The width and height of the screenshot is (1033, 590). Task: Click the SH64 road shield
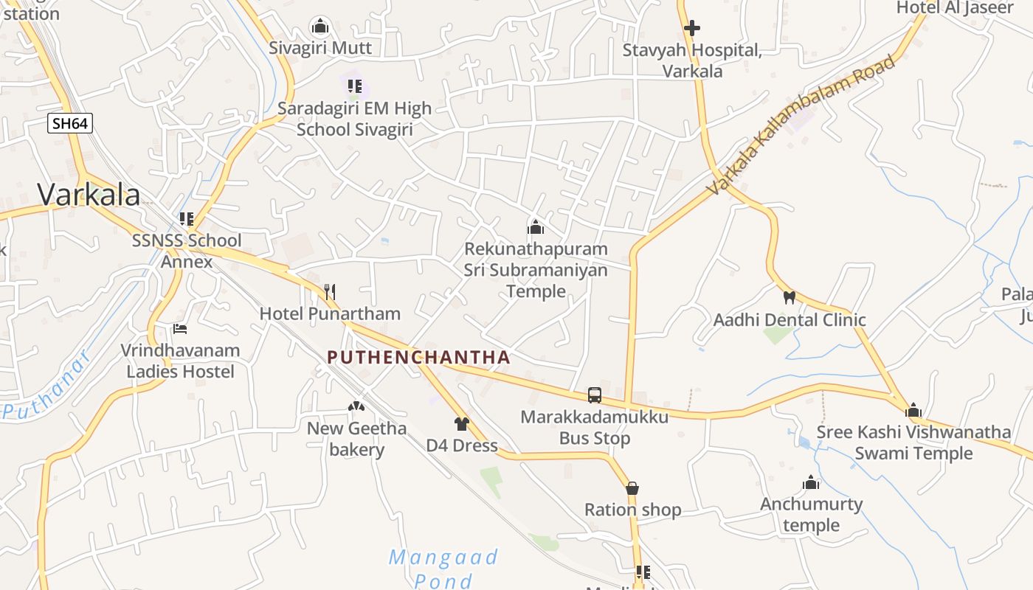click(71, 123)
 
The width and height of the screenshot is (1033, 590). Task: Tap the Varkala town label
click(89, 195)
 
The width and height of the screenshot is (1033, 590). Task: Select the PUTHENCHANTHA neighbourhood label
click(418, 358)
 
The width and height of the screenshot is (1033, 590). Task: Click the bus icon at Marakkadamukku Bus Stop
click(595, 395)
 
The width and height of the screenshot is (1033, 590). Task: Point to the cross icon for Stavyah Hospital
click(691, 29)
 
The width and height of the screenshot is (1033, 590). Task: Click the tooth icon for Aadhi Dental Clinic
click(789, 298)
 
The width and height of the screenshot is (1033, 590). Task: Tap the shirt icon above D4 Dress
click(462, 424)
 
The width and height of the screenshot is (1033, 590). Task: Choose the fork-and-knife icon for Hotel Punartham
click(330, 292)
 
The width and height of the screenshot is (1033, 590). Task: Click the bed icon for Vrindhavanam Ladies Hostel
click(180, 329)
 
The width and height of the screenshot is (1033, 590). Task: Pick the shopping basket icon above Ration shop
click(632, 488)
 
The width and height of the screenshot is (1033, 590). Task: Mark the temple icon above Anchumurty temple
click(811, 483)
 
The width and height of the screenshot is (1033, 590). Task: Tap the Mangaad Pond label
click(443, 568)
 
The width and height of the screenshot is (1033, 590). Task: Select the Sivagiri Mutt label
click(320, 48)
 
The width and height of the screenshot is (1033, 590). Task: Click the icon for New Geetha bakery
click(356, 406)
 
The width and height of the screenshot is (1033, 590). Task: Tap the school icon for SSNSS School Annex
click(187, 219)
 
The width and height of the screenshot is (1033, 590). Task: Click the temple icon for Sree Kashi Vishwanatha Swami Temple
click(913, 411)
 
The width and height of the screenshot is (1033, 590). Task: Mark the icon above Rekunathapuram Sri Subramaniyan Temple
click(536, 227)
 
